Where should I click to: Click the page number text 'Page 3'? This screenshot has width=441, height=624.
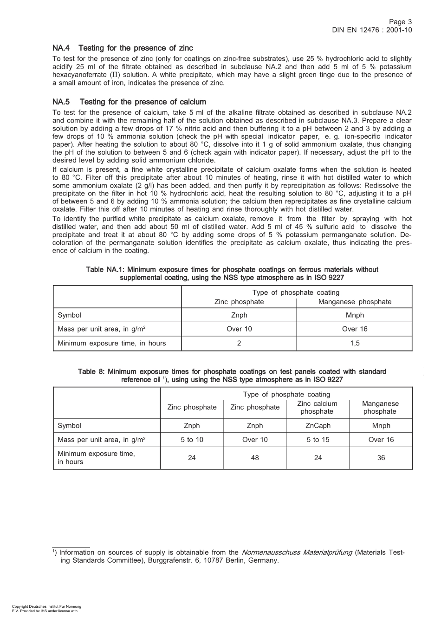400,22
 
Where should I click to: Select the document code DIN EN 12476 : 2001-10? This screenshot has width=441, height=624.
372,30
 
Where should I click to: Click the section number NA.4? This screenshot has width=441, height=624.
61,48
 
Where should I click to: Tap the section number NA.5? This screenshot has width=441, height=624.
61,102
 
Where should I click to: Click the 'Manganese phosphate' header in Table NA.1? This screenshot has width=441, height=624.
355,302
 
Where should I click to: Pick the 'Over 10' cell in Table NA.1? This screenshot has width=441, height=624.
239,329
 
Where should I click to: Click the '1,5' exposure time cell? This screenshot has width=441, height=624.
355,344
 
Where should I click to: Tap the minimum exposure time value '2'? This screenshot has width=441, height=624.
239,344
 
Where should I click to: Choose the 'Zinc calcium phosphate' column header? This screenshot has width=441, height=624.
317,408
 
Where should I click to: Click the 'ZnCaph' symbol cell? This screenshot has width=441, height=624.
318,426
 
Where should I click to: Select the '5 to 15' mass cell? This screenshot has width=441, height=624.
318,440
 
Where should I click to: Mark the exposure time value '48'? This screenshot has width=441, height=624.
255,458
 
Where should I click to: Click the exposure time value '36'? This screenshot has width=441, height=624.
381,458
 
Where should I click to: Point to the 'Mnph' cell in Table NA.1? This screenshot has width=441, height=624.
355,315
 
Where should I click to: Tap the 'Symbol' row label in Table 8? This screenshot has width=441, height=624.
69,426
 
